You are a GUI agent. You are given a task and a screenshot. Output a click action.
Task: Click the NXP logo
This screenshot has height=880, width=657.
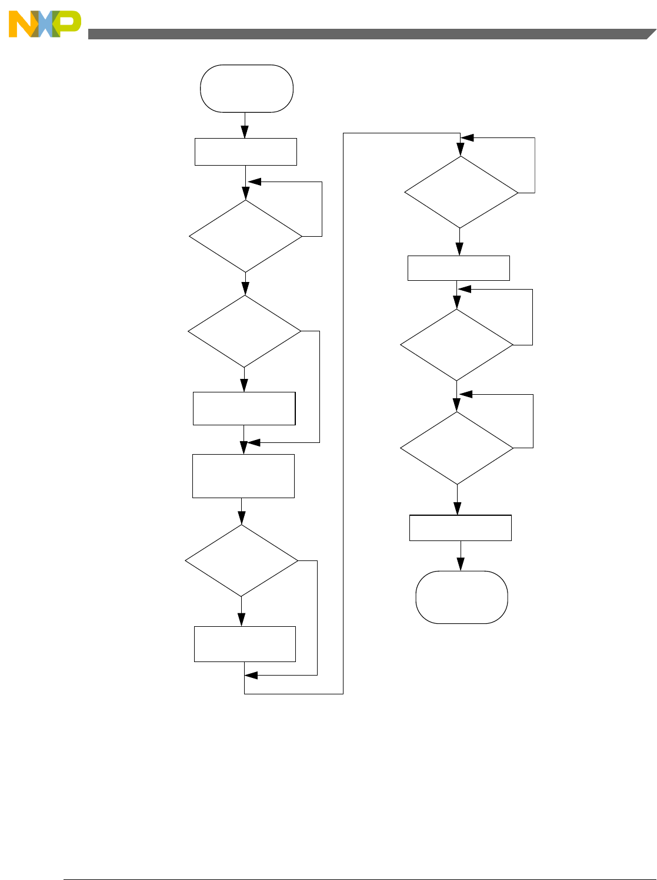45,24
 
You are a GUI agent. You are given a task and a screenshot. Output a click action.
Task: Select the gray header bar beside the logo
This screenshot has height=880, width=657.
365,34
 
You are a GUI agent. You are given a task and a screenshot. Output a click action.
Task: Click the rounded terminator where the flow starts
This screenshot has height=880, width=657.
246,89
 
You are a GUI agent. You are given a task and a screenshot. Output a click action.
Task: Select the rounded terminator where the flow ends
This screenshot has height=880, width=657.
462,597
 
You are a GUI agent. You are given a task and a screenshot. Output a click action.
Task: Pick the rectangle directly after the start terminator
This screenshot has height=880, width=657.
246,152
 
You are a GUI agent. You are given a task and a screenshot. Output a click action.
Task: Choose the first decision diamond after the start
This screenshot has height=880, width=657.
246,236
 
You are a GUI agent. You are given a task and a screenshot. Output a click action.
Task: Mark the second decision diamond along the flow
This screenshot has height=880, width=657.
245,331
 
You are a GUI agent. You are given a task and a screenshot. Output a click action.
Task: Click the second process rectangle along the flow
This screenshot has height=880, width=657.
244,408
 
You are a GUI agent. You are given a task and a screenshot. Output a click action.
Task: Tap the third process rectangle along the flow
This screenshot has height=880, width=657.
244,476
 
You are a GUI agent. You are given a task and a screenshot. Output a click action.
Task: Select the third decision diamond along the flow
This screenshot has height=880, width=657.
242,560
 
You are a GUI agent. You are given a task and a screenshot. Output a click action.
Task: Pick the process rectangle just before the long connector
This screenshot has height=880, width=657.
245,644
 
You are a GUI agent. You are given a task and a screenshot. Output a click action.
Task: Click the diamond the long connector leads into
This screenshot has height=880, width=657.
461,192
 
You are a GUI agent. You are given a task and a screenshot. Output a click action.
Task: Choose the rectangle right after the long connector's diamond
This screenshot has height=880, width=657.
459,268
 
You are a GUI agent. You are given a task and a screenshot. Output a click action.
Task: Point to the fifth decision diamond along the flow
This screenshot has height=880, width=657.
457,345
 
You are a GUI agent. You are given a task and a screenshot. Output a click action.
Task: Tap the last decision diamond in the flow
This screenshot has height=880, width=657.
457,448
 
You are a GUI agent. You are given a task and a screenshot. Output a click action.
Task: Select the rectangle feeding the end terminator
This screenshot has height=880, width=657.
461,528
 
